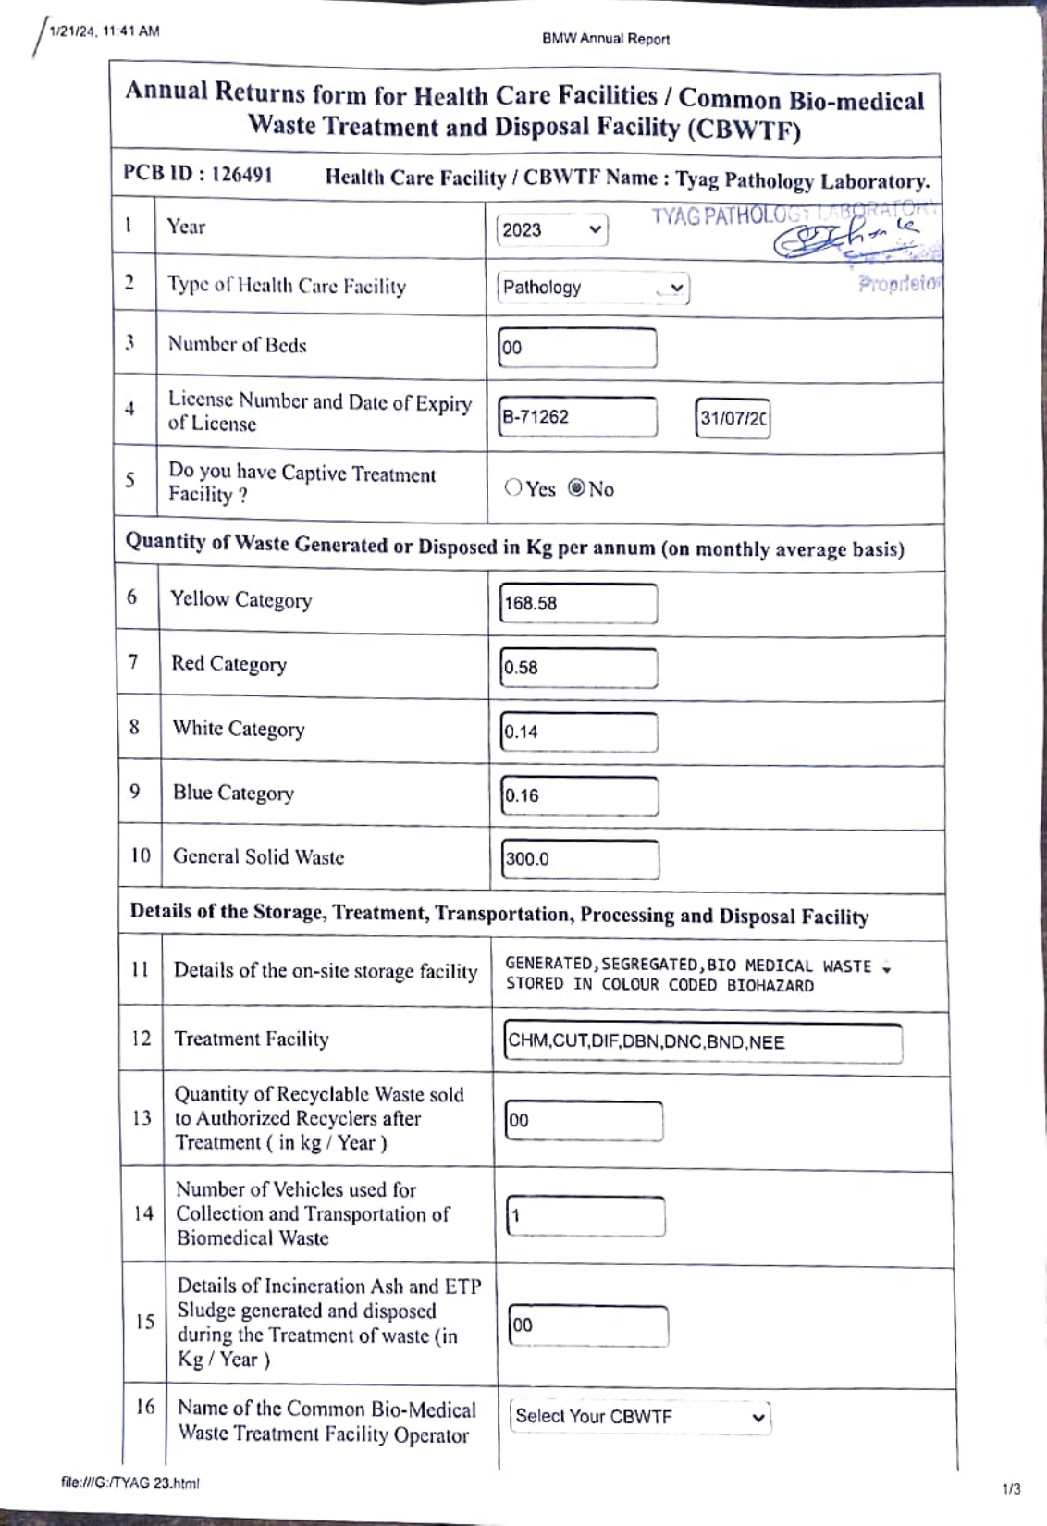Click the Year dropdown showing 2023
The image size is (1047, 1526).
(551, 229)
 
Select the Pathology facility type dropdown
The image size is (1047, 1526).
(593, 288)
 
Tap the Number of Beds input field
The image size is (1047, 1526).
(576, 348)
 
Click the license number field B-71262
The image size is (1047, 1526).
(576, 417)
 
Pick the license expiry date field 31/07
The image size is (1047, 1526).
(733, 418)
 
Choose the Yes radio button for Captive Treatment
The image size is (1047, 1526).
(513, 487)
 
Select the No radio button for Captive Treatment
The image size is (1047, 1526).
(577, 487)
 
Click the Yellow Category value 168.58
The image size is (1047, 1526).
(578, 604)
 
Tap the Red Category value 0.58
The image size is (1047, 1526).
(578, 668)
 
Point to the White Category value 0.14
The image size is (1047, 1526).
(579, 732)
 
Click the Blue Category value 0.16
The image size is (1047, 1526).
(579, 795)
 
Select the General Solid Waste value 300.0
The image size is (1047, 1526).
(580, 859)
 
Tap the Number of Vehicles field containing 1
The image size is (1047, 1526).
(585, 1216)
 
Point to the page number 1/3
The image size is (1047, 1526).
(1012, 1489)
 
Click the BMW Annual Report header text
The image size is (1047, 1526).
(606, 39)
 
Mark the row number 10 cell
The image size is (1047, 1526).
(140, 855)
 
